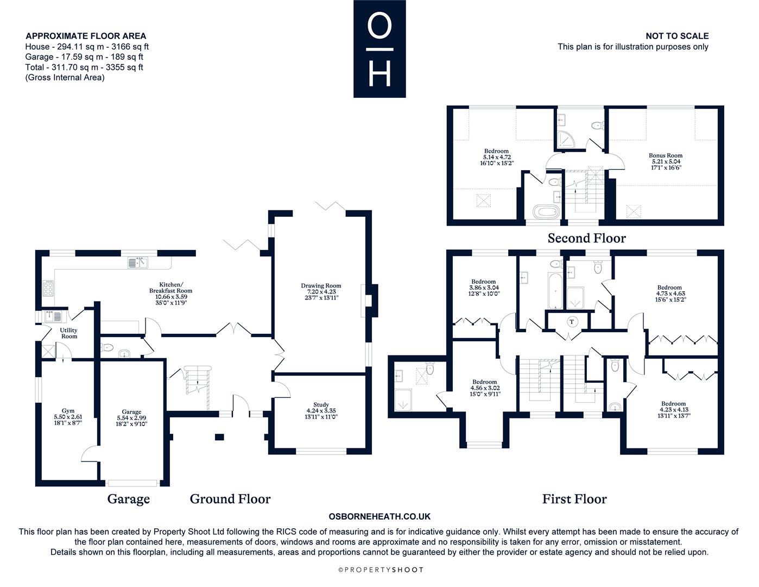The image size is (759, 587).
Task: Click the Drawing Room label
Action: (321, 286)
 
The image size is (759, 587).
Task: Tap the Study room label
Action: (321, 404)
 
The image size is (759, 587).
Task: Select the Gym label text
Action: (68, 411)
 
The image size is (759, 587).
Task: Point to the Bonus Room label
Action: (666, 155)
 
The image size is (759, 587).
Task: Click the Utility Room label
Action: (69, 333)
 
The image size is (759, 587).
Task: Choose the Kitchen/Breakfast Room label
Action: (171, 288)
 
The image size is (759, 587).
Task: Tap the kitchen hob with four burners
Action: (48, 289)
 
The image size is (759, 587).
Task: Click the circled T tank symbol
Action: (572, 322)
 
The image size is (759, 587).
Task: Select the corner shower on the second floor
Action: (566, 140)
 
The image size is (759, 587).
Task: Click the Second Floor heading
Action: (586, 239)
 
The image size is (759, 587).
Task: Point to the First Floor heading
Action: (574, 499)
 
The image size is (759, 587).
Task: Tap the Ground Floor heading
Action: (230, 499)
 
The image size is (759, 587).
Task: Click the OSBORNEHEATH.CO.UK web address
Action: (379, 516)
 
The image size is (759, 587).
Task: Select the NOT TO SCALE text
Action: (677, 36)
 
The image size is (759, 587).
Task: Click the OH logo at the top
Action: (379, 49)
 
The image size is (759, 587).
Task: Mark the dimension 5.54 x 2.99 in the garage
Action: (132, 418)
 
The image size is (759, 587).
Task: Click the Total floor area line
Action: (84, 67)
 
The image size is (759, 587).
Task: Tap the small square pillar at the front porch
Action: (219, 436)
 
